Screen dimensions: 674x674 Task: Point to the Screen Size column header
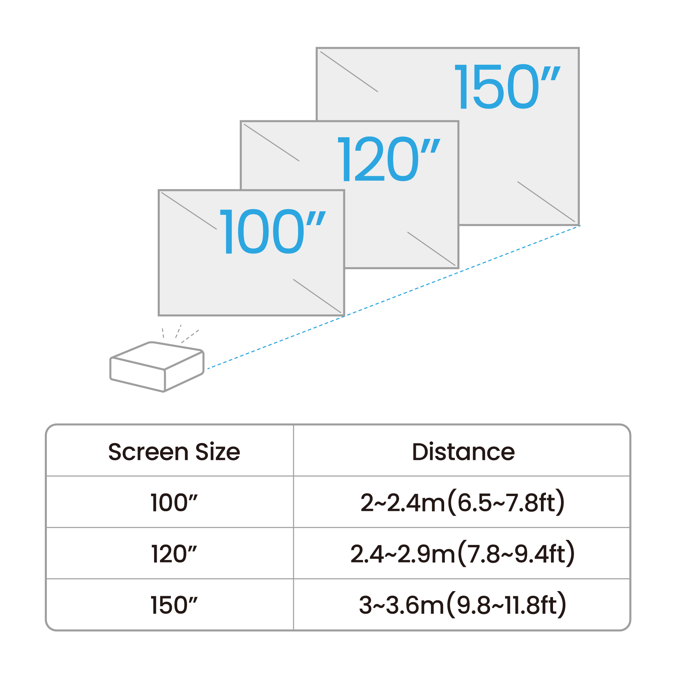(174, 452)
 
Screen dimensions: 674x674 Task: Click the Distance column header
(463, 452)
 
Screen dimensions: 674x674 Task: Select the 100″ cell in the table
(174, 503)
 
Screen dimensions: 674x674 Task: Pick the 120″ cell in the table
(174, 554)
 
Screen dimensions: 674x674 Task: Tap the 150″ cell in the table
(174, 605)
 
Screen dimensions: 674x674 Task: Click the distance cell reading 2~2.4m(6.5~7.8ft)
(462, 503)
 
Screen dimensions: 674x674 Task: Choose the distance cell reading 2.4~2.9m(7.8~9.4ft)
(462, 554)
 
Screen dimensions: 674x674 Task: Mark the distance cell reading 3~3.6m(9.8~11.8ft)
(462, 605)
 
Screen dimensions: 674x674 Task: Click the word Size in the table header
(218, 452)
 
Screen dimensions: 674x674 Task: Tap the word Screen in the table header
(148, 452)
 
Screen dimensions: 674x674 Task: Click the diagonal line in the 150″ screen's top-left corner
(349, 71)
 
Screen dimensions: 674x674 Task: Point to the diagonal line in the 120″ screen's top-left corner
(271, 142)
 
